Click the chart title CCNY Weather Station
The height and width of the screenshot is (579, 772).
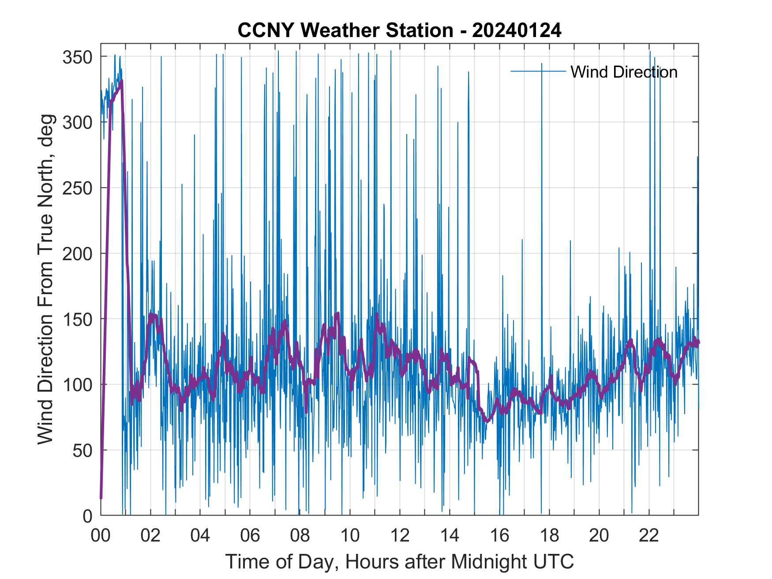point(345,31)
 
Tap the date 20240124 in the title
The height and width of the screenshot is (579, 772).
point(517,31)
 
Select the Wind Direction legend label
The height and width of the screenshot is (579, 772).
point(624,72)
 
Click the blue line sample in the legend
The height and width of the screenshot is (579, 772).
point(538,71)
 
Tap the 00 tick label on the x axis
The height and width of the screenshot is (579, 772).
point(101,536)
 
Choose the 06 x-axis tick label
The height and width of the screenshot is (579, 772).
point(250,536)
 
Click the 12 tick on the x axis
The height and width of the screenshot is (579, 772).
point(400,536)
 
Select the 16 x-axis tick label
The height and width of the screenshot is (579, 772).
point(499,536)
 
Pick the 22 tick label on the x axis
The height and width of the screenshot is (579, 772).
point(649,536)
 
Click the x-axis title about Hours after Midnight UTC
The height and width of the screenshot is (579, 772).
point(400,561)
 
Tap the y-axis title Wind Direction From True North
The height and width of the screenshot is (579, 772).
point(46,279)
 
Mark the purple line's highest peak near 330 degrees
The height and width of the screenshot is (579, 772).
point(121,81)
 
